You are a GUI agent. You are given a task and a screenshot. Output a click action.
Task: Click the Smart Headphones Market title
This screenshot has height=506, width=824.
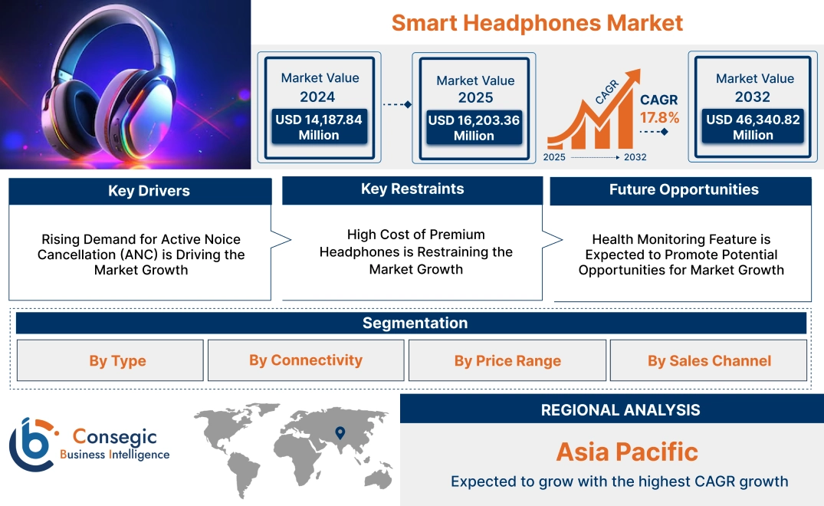coord(537,22)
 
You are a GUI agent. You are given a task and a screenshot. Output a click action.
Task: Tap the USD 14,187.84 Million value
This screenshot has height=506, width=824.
coord(318,127)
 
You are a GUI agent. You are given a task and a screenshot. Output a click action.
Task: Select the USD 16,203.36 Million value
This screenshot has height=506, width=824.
coord(474,128)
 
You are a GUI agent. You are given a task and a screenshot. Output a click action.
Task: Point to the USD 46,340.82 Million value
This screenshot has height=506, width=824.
coord(753,127)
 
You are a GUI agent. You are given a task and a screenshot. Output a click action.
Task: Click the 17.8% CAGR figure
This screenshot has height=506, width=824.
coord(660,118)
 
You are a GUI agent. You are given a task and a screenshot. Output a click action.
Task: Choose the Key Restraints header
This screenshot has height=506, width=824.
coord(412,189)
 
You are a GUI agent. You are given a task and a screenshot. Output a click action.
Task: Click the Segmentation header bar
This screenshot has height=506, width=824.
coord(415,323)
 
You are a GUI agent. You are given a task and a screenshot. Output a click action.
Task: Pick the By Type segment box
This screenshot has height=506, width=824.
coord(117,360)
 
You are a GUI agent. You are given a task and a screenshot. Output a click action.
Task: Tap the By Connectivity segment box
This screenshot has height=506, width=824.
coord(306,360)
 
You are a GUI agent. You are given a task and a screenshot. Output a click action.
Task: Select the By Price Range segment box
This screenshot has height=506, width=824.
coord(507,360)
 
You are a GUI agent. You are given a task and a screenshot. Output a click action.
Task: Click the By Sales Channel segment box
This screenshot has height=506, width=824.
coord(709,360)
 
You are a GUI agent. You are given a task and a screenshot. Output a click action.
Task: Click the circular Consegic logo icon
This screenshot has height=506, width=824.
coord(31,445)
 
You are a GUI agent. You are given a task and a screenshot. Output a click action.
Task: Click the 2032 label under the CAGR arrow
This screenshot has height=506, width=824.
coord(635,157)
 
